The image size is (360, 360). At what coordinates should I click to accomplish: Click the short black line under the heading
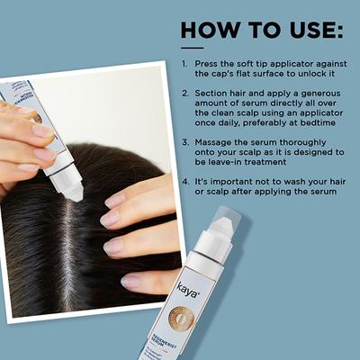[192, 47]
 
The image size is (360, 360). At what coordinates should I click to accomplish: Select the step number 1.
[184, 65]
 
